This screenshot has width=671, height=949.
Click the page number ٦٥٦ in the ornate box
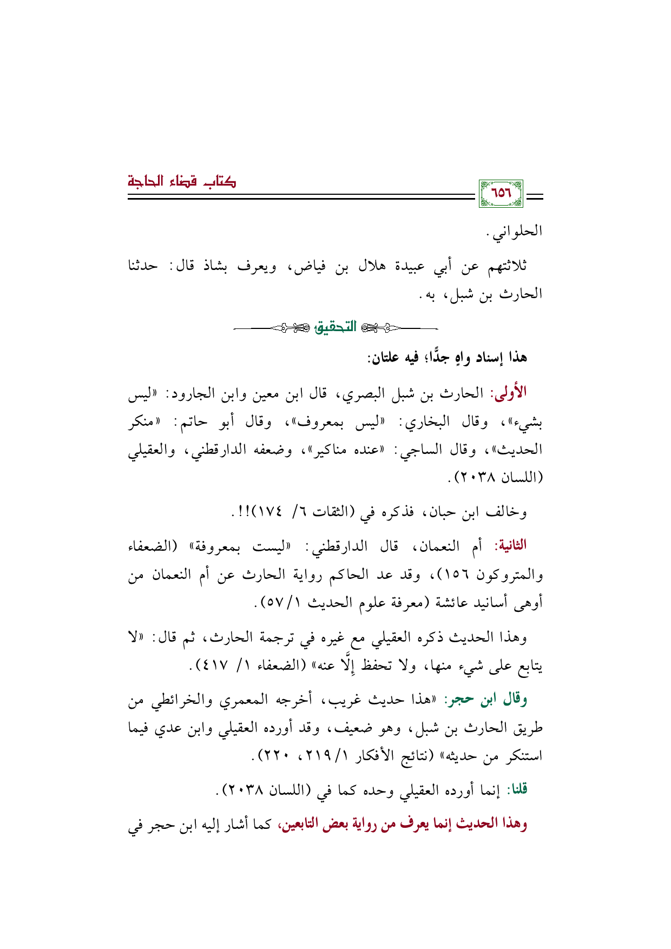pyautogui.click(x=501, y=193)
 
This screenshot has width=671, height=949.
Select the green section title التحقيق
pyautogui.click(x=335, y=327)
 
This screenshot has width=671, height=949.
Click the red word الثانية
pyautogui.click(x=510, y=545)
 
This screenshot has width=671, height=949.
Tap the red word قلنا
pyautogui.click(x=517, y=790)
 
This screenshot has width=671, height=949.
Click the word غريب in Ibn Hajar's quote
pyautogui.click(x=336, y=700)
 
